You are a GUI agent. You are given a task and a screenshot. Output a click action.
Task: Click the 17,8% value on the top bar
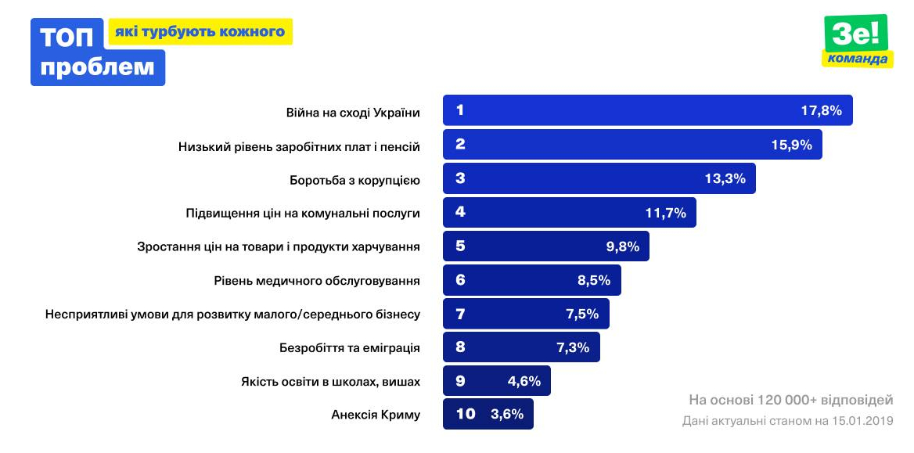pyautogui.click(x=821, y=111)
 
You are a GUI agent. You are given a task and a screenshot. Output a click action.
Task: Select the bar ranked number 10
pyautogui.click(x=488, y=415)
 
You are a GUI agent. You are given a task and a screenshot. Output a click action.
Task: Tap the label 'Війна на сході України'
pyautogui.click(x=353, y=113)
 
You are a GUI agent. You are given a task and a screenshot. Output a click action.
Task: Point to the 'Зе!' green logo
pyautogui.click(x=855, y=34)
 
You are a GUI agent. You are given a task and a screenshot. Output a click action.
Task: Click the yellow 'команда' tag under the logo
pyautogui.click(x=858, y=59)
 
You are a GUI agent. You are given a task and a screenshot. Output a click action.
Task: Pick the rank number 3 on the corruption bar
pyautogui.click(x=460, y=178)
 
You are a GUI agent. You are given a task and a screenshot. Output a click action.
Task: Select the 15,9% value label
pyautogui.click(x=791, y=145)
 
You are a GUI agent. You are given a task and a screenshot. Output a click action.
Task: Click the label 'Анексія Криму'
pyautogui.click(x=376, y=415)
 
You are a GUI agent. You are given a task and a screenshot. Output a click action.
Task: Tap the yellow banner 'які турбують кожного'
pyautogui.click(x=200, y=32)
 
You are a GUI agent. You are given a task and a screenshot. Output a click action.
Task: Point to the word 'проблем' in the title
pyautogui.click(x=97, y=67)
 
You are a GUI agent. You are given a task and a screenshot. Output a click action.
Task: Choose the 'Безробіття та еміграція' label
pyautogui.click(x=350, y=347)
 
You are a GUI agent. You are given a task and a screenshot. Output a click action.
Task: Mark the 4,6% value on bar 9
pyautogui.click(x=524, y=382)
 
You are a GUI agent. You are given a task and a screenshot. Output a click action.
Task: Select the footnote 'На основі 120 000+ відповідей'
pyautogui.click(x=790, y=401)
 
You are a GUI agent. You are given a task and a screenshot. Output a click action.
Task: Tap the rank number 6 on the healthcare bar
pyautogui.click(x=460, y=280)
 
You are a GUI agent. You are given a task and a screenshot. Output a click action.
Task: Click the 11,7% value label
pyautogui.click(x=665, y=213)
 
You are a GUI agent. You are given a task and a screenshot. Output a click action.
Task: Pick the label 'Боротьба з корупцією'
pyautogui.click(x=354, y=180)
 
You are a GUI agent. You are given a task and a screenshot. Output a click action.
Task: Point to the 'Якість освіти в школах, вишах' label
pyautogui.click(x=330, y=382)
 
